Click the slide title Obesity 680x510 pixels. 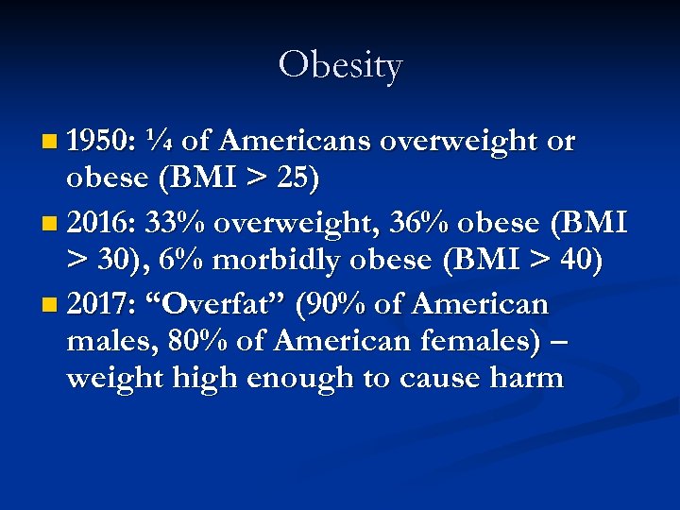(x=340, y=65)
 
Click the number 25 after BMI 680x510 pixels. (x=308, y=177)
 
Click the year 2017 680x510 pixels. (x=102, y=304)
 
